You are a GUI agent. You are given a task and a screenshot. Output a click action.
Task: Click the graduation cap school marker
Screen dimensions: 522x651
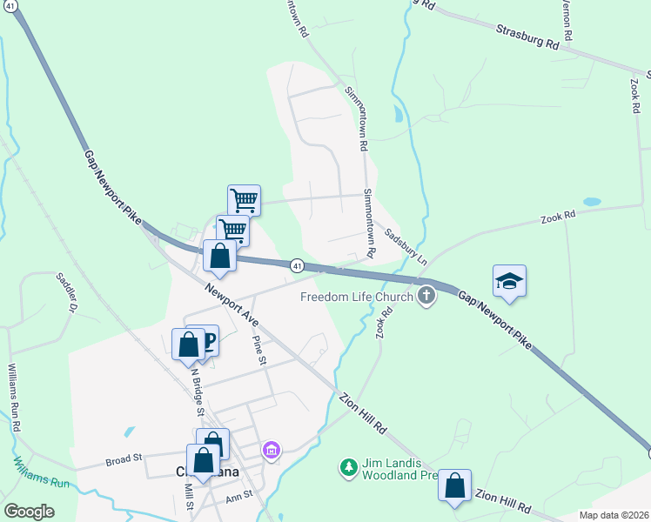tap(509, 281)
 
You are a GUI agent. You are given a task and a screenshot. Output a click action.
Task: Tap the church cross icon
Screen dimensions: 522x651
tap(426, 297)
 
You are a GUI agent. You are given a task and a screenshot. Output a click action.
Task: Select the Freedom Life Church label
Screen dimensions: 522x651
tap(357, 297)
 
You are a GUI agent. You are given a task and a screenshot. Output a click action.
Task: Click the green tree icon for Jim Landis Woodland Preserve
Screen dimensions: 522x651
tap(348, 468)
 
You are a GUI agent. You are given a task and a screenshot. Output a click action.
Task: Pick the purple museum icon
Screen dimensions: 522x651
tap(272, 450)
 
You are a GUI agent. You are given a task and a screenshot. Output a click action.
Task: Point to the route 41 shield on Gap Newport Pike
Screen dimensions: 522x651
tap(297, 265)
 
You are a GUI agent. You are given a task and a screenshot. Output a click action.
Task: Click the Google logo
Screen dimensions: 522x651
tap(30, 512)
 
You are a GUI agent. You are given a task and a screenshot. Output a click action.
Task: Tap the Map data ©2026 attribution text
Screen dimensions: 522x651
tap(613, 515)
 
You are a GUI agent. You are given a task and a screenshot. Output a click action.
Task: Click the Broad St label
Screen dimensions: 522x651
tap(124, 458)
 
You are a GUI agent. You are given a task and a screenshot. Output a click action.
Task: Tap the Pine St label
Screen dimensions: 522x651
tap(258, 349)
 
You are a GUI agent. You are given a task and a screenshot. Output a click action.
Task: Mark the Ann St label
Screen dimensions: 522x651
tap(238, 495)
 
